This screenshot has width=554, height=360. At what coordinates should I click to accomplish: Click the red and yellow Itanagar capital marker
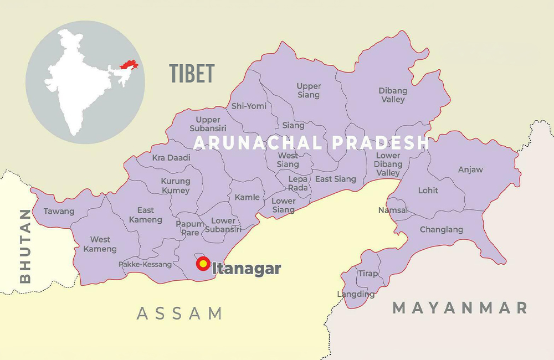203,264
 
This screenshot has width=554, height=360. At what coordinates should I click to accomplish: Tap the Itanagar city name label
247,269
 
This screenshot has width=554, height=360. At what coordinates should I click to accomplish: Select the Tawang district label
59,211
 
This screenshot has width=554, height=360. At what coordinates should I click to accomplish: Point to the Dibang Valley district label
392,95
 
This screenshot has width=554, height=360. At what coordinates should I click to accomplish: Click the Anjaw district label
470,169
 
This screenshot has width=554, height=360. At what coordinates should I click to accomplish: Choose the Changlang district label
441,229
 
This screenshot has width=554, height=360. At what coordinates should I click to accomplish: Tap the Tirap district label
368,274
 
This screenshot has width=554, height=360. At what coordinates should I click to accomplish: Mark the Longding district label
356,294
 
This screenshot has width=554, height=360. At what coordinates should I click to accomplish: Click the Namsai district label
393,210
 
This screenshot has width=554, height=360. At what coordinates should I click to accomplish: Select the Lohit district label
428,190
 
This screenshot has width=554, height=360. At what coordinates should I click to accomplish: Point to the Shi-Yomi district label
249,106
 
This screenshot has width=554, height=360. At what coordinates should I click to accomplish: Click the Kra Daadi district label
171,158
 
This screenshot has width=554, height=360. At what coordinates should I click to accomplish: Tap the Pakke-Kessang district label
145,264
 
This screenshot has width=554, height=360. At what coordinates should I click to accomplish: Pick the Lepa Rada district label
298,183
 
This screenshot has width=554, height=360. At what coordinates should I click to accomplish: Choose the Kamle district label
247,197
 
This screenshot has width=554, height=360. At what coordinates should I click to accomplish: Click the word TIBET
192,73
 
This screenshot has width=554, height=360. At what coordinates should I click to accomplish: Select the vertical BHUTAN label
25,246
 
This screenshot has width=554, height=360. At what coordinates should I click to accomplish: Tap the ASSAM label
179,313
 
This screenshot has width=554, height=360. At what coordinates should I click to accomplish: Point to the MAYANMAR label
459,308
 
